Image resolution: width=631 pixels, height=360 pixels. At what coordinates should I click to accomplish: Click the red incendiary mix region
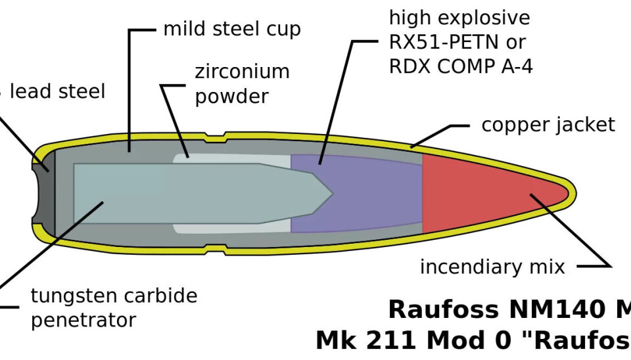[x=486, y=193]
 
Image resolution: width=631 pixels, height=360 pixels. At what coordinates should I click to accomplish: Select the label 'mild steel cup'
[x=231, y=30]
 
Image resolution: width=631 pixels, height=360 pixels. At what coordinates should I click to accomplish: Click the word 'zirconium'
[x=242, y=72]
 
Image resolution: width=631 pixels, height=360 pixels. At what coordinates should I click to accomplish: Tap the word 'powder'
[x=231, y=97]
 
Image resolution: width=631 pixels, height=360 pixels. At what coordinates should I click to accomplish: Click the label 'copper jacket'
[x=548, y=125]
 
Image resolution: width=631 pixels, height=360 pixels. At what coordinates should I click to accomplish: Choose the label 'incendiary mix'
[x=492, y=267]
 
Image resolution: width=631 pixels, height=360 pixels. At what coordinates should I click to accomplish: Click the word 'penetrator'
[x=83, y=320]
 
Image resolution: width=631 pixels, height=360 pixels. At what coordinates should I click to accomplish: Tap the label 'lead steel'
[x=57, y=91]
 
